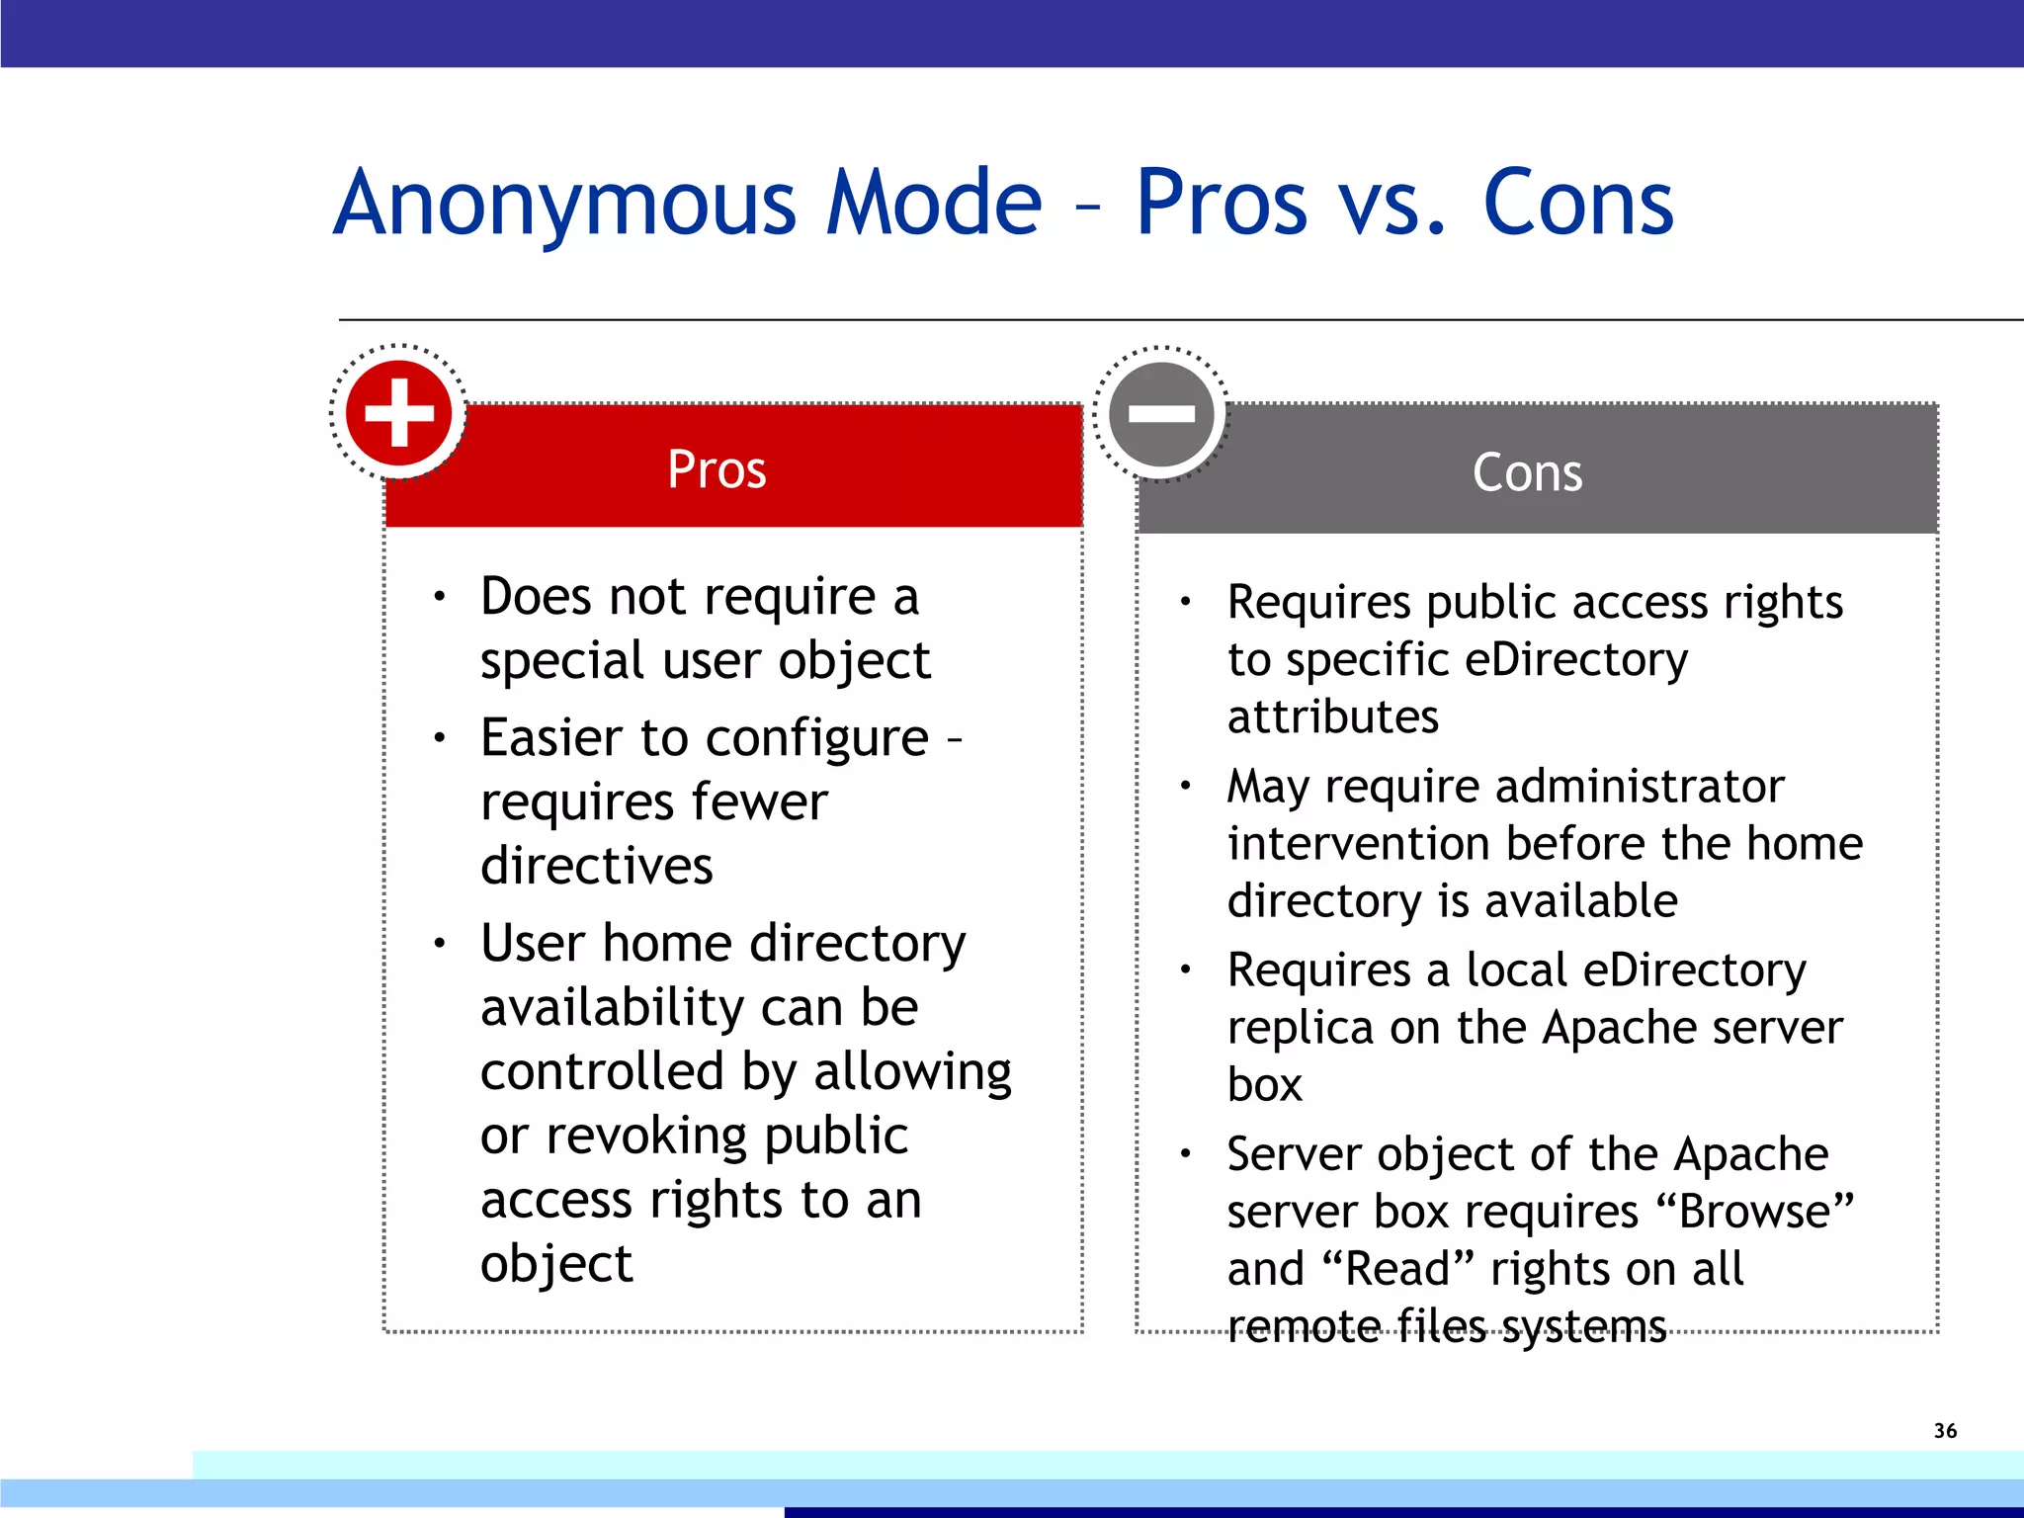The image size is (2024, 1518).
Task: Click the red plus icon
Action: (x=399, y=412)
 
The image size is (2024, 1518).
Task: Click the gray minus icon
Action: (x=1161, y=414)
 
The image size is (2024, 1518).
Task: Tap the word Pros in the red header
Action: (x=717, y=469)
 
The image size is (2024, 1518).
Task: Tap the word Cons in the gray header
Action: (x=1527, y=472)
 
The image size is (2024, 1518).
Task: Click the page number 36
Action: (x=1945, y=1430)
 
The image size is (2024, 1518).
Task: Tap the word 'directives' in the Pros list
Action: (x=596, y=866)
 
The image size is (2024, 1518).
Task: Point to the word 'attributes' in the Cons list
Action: (x=1332, y=717)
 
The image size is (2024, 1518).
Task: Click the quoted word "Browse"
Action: (x=1755, y=1212)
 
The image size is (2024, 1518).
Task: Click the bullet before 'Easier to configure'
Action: (x=440, y=737)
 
